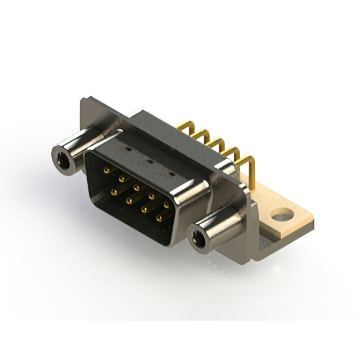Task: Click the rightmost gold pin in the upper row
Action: pos(166,205)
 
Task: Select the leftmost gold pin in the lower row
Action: pos(114,192)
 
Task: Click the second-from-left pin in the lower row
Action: pos(129,200)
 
